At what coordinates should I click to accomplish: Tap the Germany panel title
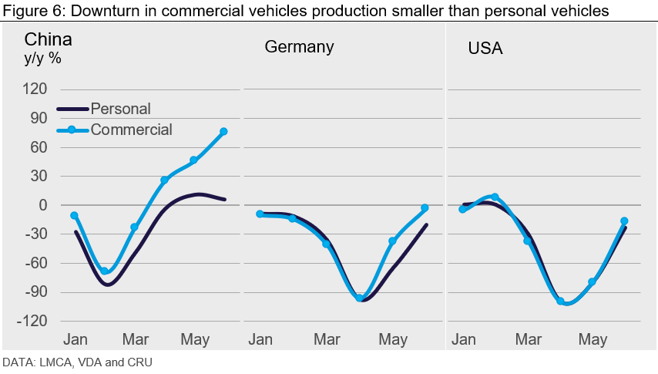(x=299, y=46)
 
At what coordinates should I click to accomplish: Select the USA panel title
(x=485, y=49)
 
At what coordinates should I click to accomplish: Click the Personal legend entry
(x=120, y=109)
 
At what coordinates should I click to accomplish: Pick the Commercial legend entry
(x=131, y=130)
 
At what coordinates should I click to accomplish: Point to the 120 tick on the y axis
(x=35, y=89)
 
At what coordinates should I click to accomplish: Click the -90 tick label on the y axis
(x=34, y=292)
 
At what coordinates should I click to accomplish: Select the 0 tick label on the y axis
(x=43, y=205)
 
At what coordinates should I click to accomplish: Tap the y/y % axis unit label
(x=43, y=58)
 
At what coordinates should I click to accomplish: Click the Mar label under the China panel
(x=136, y=339)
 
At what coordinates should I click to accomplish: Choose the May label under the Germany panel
(x=394, y=339)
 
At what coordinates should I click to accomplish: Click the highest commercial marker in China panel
(x=223, y=132)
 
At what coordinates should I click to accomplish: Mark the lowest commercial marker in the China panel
(x=105, y=271)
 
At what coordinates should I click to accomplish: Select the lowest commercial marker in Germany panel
(x=359, y=298)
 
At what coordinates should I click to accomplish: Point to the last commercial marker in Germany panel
(x=425, y=208)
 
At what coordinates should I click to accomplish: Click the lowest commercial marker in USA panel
(x=560, y=302)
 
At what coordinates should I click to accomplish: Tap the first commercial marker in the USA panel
(x=462, y=209)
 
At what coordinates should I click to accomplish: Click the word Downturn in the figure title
(x=89, y=10)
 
